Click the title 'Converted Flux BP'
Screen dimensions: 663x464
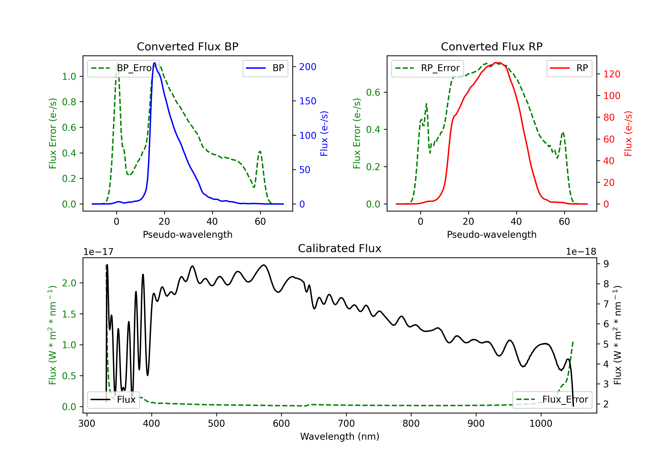point(187,46)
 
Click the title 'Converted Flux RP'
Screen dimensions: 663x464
point(492,46)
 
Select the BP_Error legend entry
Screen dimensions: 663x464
point(123,68)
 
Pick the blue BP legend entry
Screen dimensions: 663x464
point(265,68)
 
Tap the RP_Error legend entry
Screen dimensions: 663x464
point(427,68)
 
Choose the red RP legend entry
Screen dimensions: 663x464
point(569,68)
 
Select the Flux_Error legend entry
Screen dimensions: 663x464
point(552,400)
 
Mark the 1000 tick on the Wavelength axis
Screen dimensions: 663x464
point(541,423)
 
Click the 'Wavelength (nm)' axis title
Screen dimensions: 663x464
point(340,436)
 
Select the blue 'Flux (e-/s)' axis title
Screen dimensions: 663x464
point(324,133)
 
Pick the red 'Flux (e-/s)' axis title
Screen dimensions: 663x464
point(628,133)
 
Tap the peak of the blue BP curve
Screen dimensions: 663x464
point(155,63)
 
